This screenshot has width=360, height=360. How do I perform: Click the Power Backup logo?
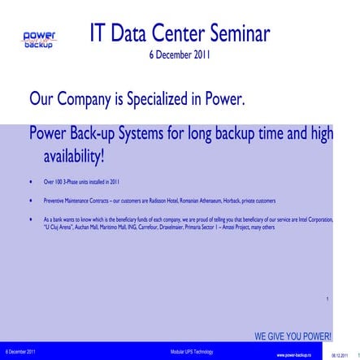tap(38, 40)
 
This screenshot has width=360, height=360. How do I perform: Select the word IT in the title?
tap(99, 35)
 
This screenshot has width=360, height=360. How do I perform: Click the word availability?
tap(74, 155)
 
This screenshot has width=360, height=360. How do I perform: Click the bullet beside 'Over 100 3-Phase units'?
tap(30, 182)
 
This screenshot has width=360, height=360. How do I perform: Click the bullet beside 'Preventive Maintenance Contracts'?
tap(30, 200)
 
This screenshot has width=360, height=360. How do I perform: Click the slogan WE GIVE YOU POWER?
tap(292, 336)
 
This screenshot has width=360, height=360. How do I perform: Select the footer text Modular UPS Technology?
tap(192, 351)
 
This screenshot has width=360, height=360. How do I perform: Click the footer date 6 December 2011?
tap(20, 351)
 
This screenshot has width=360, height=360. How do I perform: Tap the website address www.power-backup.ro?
tap(294, 355)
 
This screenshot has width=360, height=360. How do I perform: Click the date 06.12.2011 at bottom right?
tap(340, 355)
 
